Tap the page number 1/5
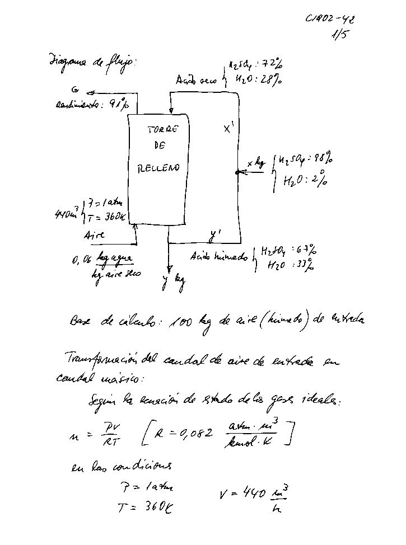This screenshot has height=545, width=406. pyautogui.click(x=339, y=37)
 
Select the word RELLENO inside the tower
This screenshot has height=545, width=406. pyautogui.click(x=159, y=167)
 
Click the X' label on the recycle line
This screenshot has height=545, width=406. pyautogui.click(x=228, y=129)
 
